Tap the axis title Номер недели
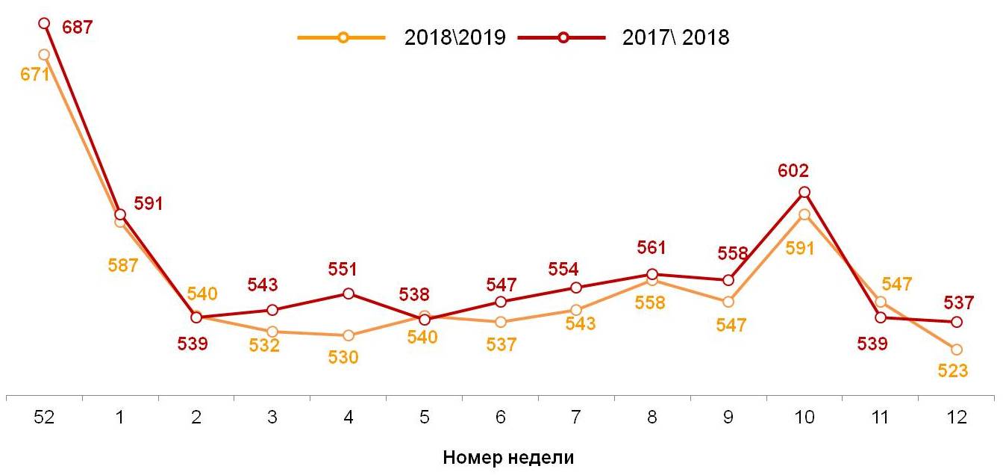tap(508, 457)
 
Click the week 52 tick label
tap(44, 418)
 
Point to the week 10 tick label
tap(804, 418)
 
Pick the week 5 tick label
tap(424, 418)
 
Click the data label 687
tap(77, 28)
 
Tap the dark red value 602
tap(793, 170)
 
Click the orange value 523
tap(953, 370)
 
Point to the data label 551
tap(343, 270)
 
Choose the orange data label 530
tap(343, 357)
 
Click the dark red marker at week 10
tap(804, 192)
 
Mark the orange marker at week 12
tap(956, 350)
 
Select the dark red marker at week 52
tap(44, 23)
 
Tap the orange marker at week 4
tap(349, 336)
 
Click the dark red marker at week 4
tap(349, 294)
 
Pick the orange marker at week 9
tap(728, 302)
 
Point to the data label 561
tap(652, 248)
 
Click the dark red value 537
tap(959, 302)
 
